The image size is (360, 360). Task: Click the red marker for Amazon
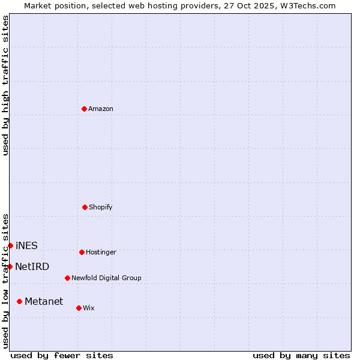(84, 109)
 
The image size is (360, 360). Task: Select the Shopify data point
(85, 207)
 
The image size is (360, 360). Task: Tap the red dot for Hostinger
(82, 252)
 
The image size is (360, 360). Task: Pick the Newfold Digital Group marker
(67, 278)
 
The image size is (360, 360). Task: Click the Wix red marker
(79, 308)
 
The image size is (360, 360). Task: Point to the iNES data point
(10, 245)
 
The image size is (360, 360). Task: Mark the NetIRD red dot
(10, 266)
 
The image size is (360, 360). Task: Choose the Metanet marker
(19, 301)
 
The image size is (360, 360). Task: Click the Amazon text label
(101, 109)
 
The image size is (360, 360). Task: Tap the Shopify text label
(101, 208)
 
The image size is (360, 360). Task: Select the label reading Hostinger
(101, 253)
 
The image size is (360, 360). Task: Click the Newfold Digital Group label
(106, 278)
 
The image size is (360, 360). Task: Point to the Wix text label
(89, 308)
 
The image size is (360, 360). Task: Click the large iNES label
(26, 246)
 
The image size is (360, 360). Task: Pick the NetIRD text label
(32, 267)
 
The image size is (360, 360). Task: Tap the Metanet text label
(44, 302)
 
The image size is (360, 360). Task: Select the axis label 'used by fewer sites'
(62, 355)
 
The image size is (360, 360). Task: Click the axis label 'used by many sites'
(301, 355)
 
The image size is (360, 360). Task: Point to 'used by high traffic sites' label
(6, 85)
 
